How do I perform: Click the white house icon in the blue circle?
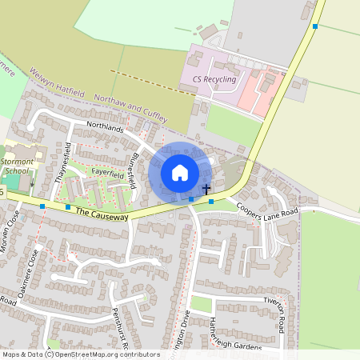[179, 173]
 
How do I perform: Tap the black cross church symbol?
[206, 190]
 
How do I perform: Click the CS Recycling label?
[214, 80]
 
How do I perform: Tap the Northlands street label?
[106, 128]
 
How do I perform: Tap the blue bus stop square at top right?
[315, 26]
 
